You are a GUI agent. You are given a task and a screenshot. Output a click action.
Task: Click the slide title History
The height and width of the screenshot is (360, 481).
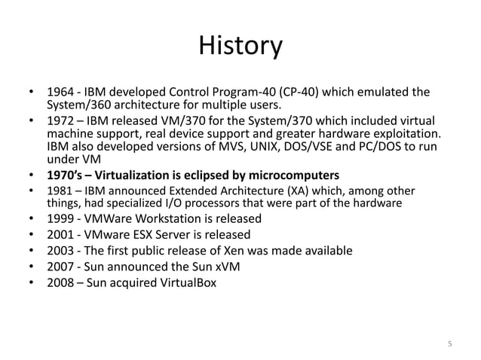tap(240, 46)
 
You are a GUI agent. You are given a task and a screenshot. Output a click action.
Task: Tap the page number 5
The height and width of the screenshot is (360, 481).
tap(450, 345)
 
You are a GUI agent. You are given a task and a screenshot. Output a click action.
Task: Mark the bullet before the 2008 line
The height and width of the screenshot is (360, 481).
tap(32, 284)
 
